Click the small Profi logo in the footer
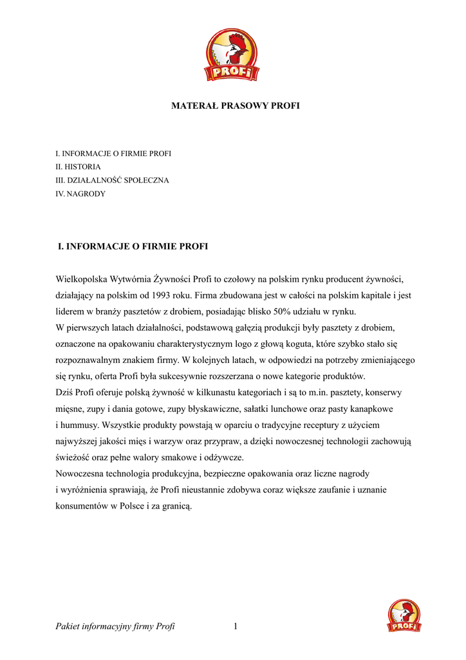tap(404, 616)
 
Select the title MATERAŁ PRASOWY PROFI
tap(235, 105)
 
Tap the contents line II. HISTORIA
tap(79, 167)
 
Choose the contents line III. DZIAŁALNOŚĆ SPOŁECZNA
tap(113, 180)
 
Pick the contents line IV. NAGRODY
tap(81, 193)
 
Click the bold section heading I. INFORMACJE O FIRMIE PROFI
tap(133, 246)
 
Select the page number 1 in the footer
tap(236, 626)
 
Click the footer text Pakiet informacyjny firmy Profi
tap(116, 626)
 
